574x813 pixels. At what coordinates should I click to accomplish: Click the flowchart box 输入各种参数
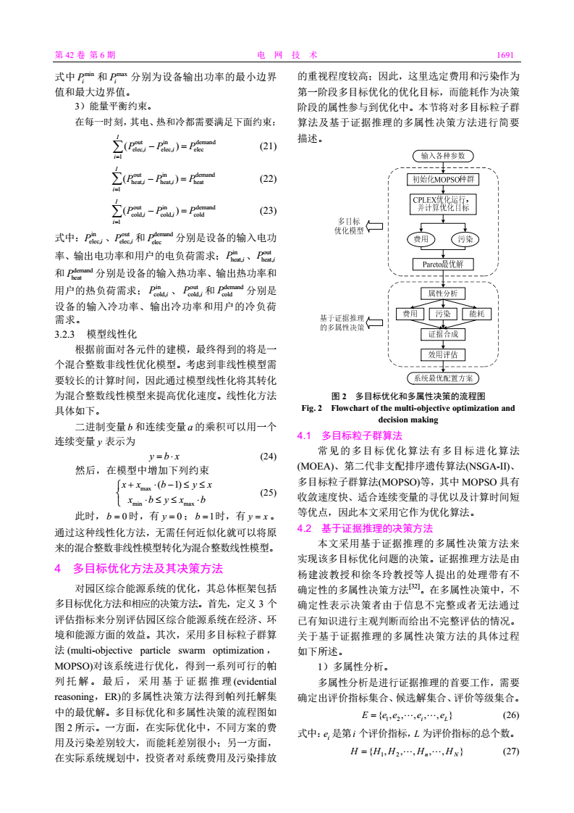[442, 155]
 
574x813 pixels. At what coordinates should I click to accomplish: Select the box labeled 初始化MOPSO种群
[443, 179]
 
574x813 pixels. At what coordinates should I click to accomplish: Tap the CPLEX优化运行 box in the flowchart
[443, 204]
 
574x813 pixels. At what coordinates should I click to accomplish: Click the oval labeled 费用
[421, 238]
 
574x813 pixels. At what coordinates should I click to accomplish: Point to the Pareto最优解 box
[443, 264]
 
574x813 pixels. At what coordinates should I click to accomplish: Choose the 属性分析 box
[443, 293]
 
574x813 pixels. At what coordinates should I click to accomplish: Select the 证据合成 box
[443, 334]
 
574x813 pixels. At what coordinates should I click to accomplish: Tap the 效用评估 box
[443, 355]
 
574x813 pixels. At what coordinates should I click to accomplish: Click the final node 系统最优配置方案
[443, 378]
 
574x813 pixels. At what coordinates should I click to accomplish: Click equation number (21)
[268, 146]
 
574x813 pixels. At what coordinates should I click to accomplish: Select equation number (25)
[268, 493]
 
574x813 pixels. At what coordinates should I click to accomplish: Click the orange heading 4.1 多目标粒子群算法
[350, 435]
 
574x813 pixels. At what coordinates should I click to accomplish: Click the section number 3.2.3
[66, 335]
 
